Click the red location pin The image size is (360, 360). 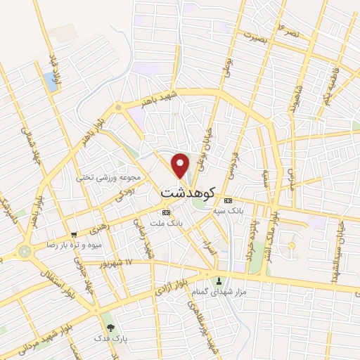[x=181, y=165]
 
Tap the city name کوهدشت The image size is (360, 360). [x=185, y=191]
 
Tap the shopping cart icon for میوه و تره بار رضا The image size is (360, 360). [x=74, y=235]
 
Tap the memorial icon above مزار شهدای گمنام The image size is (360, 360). [x=218, y=281]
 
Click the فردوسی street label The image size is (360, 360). [x=232, y=160]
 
